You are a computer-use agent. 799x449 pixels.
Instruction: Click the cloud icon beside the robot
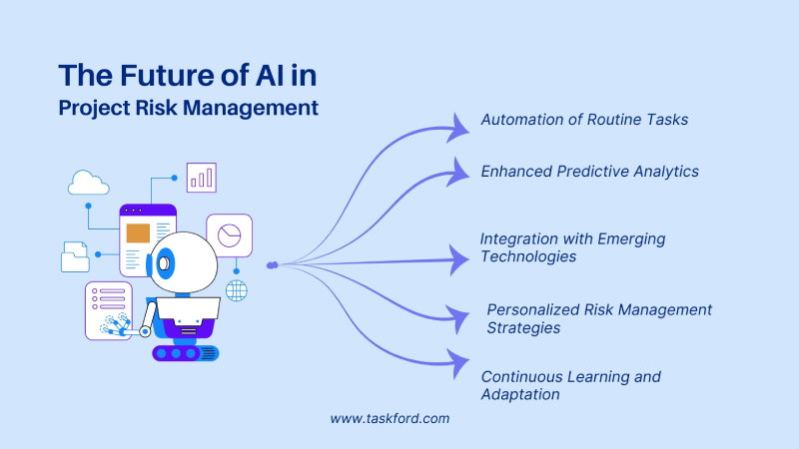point(88,183)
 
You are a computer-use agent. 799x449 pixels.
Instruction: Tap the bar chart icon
point(201,178)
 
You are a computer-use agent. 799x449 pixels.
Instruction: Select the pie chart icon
point(230,235)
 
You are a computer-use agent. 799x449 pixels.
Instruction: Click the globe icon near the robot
point(237,290)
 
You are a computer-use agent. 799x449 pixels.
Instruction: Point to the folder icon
point(75,256)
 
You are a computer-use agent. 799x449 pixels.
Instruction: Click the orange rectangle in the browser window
point(137,233)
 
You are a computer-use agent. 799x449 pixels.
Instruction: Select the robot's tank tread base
point(185,352)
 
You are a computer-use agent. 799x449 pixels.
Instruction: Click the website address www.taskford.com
point(390,419)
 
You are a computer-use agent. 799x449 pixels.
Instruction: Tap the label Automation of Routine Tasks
point(584,120)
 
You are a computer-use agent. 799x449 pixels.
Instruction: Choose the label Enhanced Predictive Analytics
point(589,172)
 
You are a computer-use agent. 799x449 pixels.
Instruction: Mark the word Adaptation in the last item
point(519,394)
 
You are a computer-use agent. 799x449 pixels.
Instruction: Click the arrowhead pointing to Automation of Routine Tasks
point(460,125)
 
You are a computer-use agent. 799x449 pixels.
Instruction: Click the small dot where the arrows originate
point(272,265)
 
